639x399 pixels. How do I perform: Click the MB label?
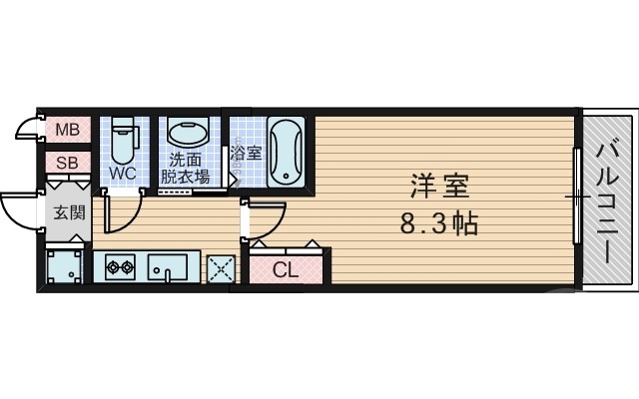66,129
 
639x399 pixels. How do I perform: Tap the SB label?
66,163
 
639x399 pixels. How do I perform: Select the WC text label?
122,174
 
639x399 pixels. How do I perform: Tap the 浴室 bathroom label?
246,155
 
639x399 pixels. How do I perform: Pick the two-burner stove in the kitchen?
119,267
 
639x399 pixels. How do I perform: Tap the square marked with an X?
220,268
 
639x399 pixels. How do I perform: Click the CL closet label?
285,268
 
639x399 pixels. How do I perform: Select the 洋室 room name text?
439,186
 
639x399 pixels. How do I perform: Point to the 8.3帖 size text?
439,222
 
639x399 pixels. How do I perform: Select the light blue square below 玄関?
66,267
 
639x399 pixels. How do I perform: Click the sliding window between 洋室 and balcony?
576,197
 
